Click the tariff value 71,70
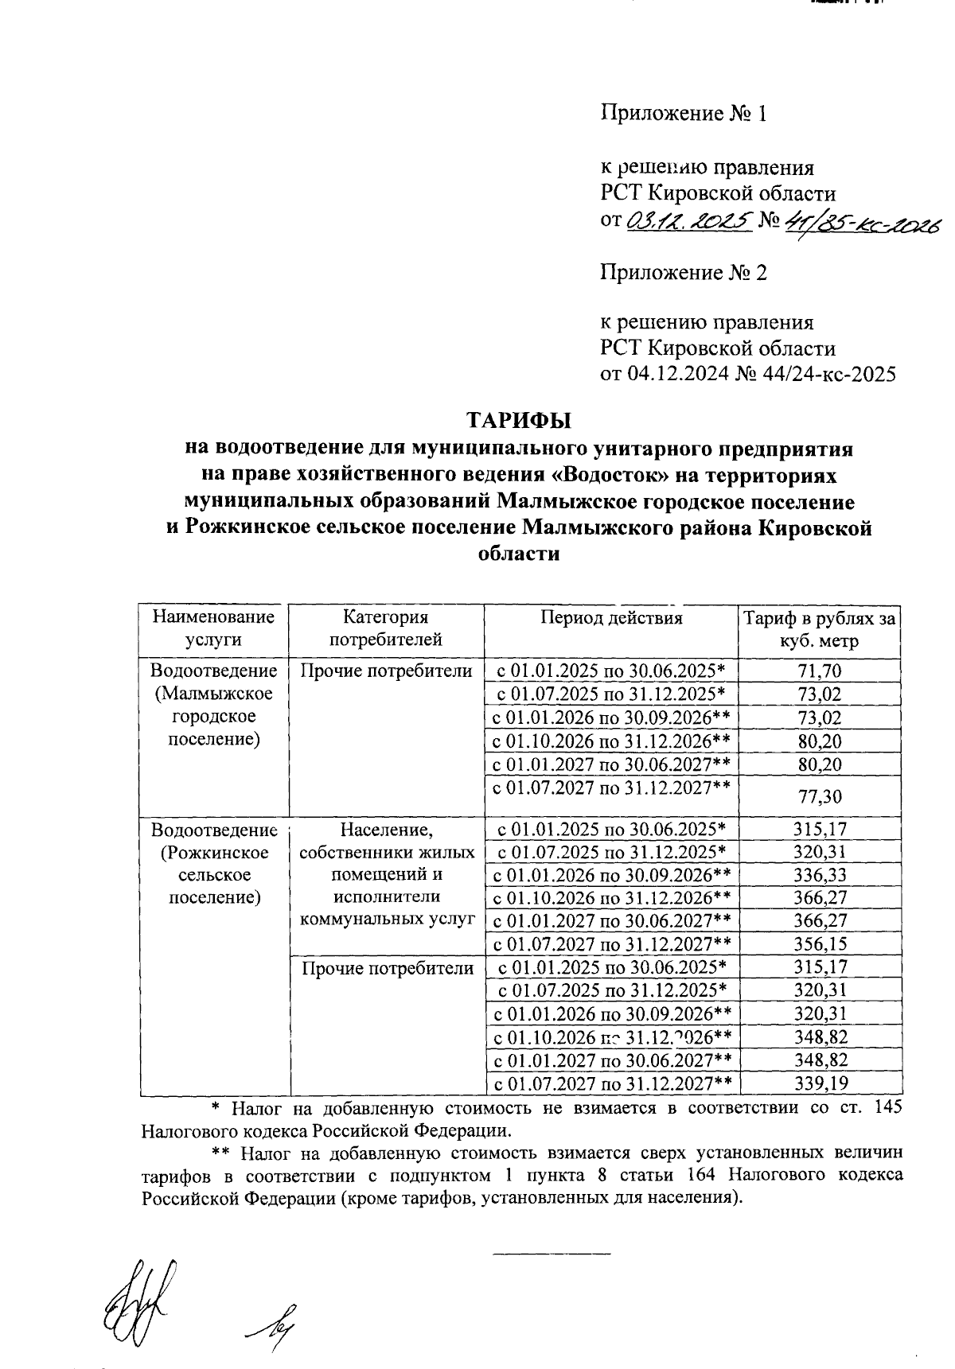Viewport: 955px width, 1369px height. [819, 671]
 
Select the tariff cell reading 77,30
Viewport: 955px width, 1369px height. [819, 796]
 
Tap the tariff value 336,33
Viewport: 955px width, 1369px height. [819, 875]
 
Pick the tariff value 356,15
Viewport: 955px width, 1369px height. [819, 944]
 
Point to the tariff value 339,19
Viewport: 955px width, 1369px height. [819, 1083]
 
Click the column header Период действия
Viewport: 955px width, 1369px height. [611, 618]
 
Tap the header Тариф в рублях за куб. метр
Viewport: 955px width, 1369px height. [819, 628]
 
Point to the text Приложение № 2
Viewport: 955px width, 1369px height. [683, 274]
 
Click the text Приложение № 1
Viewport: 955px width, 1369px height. [683, 115]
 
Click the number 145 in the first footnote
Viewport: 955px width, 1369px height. [887, 1107]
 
